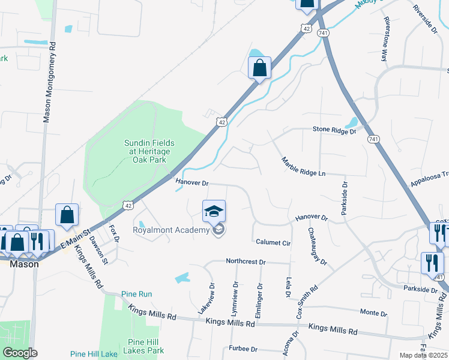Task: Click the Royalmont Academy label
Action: (171, 229)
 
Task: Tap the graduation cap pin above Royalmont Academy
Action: (214, 211)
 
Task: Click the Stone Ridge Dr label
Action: (334, 130)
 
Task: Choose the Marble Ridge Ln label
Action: (303, 166)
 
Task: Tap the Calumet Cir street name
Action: (273, 243)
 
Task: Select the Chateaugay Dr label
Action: (317, 247)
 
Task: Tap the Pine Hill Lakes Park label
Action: (143, 346)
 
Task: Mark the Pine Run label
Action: (136, 294)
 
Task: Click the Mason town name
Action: (24, 263)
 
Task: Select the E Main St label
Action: (75, 240)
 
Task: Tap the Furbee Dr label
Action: (243, 349)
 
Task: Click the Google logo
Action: (20, 353)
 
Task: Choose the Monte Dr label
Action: (373, 313)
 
